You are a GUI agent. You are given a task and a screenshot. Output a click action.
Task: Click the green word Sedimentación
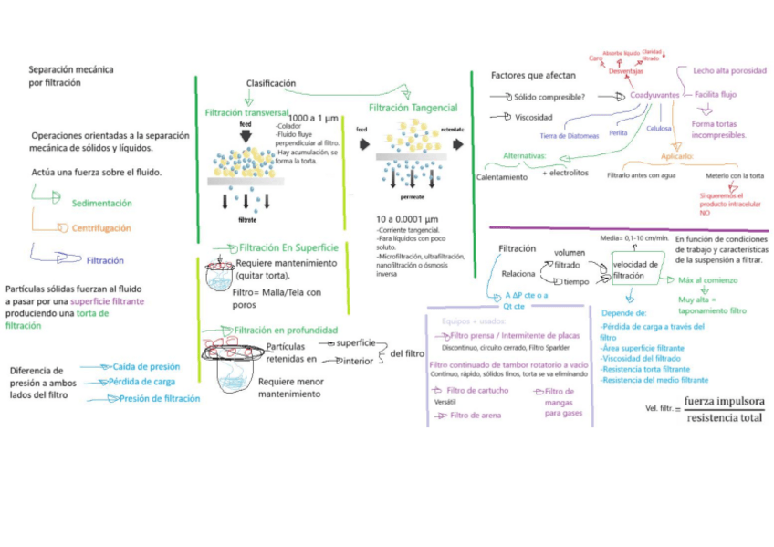[x=101, y=203]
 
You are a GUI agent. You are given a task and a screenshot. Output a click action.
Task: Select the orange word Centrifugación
[x=101, y=228]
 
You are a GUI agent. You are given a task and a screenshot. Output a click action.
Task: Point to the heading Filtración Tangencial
[x=413, y=108]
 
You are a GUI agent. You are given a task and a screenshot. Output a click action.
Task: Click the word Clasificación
[x=270, y=83]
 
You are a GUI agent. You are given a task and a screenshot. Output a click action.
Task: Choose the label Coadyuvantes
[x=655, y=95]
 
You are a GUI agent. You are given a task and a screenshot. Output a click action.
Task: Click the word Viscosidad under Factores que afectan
[x=534, y=117]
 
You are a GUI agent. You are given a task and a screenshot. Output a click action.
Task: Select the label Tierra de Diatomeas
[x=570, y=135]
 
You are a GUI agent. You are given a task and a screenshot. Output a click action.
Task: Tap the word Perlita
[x=618, y=132]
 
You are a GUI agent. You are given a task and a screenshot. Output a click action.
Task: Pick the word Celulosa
[x=659, y=129]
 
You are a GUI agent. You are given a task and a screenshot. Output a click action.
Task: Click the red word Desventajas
[x=626, y=71]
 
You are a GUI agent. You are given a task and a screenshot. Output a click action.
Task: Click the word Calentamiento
[x=502, y=177]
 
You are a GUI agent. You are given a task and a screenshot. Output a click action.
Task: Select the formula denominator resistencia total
[x=726, y=417]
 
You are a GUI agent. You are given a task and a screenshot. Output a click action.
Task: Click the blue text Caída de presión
[x=146, y=366]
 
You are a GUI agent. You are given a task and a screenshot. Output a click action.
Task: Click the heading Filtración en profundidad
[x=286, y=330]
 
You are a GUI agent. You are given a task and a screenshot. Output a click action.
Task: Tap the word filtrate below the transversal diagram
[x=246, y=220]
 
